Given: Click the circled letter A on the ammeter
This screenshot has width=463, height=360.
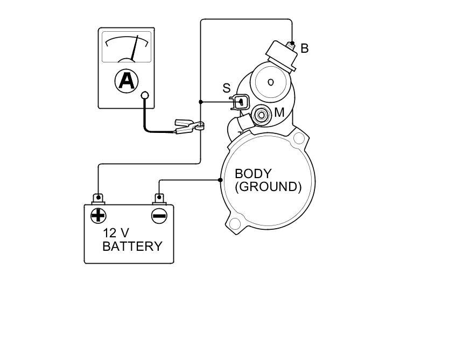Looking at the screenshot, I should [x=127, y=81].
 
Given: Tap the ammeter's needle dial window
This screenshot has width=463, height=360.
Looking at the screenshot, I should [x=127, y=47].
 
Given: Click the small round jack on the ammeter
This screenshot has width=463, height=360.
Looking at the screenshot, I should [x=144, y=96].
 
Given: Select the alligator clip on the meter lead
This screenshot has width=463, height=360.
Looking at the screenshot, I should [x=188, y=128].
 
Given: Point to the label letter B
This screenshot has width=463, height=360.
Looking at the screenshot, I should [x=305, y=48].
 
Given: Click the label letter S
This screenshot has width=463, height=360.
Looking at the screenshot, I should [x=226, y=88].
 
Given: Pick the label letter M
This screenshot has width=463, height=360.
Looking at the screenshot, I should [x=279, y=113].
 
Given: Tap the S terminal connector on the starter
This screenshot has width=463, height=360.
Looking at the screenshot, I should [x=240, y=101].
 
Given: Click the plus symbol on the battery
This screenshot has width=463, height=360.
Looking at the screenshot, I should [x=98, y=216].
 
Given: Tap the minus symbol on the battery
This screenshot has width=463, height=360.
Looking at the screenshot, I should [x=159, y=216].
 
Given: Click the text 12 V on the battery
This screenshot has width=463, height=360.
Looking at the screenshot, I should [x=116, y=233].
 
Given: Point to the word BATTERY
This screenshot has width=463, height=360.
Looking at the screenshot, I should [x=132, y=246].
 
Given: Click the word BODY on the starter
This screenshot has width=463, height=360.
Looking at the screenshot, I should [x=253, y=174].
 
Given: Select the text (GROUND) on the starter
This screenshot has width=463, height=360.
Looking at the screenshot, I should [x=268, y=187].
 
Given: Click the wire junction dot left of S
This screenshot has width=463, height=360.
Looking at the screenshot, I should [x=201, y=101].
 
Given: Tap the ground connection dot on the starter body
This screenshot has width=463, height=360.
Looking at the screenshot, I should [x=221, y=180].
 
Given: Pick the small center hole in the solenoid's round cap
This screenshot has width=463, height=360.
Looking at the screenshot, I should [x=271, y=82].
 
